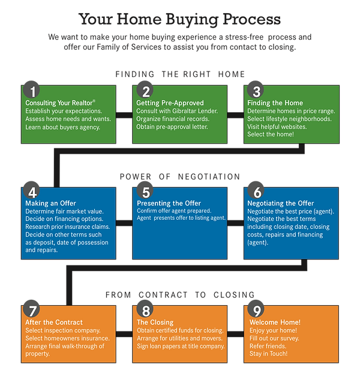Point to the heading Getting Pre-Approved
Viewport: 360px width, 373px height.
pyautogui.click(x=170, y=103)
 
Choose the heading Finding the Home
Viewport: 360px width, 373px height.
pyautogui.click(x=275, y=103)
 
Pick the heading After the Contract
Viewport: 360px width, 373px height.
pyautogui.click(x=54, y=323)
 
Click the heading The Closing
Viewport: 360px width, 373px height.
pyautogui.click(x=155, y=323)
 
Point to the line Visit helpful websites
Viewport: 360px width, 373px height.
pyautogui.click(x=278, y=127)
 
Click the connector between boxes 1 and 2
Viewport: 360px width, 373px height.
pyautogui.click(x=125, y=114)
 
